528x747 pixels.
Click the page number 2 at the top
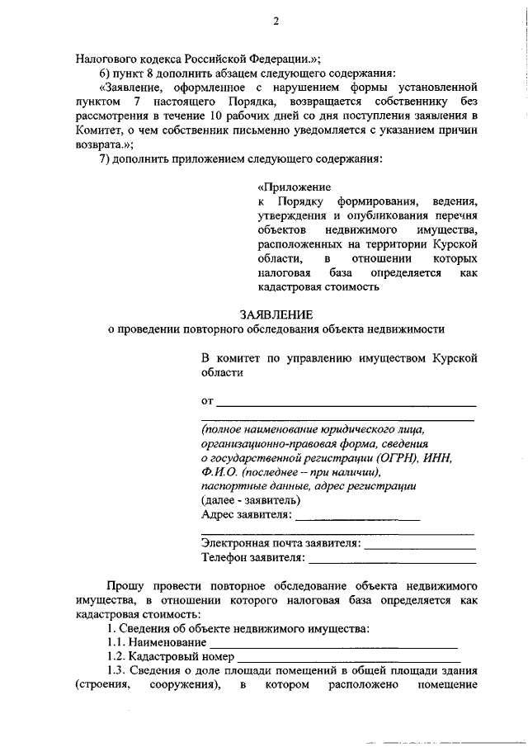[276, 23]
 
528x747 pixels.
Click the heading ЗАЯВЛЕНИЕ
[276, 314]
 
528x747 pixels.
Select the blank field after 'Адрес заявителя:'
[356, 519]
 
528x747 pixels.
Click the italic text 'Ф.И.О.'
[218, 472]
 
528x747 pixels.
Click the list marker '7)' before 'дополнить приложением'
[103, 157]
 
